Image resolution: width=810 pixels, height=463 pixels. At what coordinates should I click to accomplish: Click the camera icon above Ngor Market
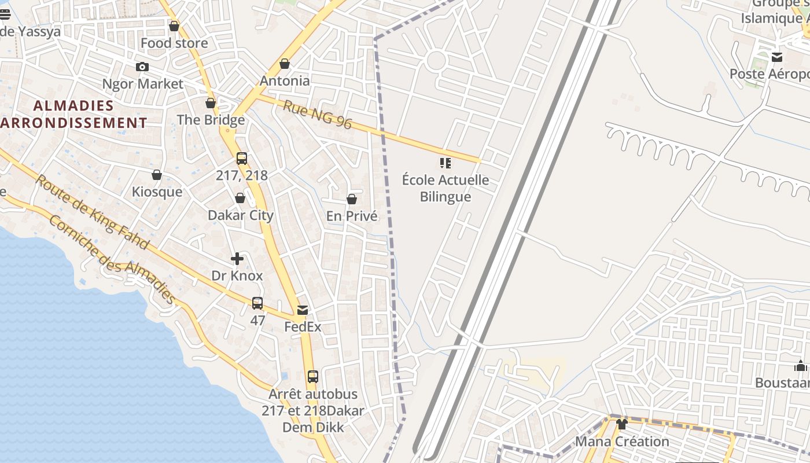click(142, 67)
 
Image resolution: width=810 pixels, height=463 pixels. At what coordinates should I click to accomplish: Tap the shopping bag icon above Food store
click(174, 26)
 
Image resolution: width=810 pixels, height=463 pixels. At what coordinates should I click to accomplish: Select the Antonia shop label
click(285, 80)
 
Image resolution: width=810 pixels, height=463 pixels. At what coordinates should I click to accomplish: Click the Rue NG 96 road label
click(318, 115)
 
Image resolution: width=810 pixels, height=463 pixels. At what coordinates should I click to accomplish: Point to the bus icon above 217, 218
click(242, 158)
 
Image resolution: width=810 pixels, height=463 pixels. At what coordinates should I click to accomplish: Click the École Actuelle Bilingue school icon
click(445, 163)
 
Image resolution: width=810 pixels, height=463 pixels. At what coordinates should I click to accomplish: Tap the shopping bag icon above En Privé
click(351, 199)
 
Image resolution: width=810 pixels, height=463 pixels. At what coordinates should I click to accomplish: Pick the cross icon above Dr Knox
click(237, 259)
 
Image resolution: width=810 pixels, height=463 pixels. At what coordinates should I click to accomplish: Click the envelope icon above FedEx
click(303, 310)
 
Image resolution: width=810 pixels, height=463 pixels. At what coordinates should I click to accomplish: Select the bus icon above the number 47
click(257, 303)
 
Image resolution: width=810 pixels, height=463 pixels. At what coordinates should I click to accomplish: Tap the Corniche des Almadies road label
click(112, 259)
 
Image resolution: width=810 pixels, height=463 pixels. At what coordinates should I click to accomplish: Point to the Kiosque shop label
click(157, 192)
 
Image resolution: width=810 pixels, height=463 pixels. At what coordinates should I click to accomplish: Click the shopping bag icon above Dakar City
click(240, 199)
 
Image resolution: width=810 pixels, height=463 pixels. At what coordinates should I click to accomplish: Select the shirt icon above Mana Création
click(622, 424)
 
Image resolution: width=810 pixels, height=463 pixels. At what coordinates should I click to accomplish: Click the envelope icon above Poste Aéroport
click(777, 57)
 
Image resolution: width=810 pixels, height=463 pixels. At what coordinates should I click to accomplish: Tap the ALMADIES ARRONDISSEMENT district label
click(73, 114)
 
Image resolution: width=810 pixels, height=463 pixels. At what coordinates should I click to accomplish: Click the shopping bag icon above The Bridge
click(211, 104)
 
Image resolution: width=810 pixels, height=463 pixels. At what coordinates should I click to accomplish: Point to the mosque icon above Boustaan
click(801, 366)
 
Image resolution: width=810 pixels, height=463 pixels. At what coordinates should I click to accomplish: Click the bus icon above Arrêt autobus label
click(312, 377)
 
